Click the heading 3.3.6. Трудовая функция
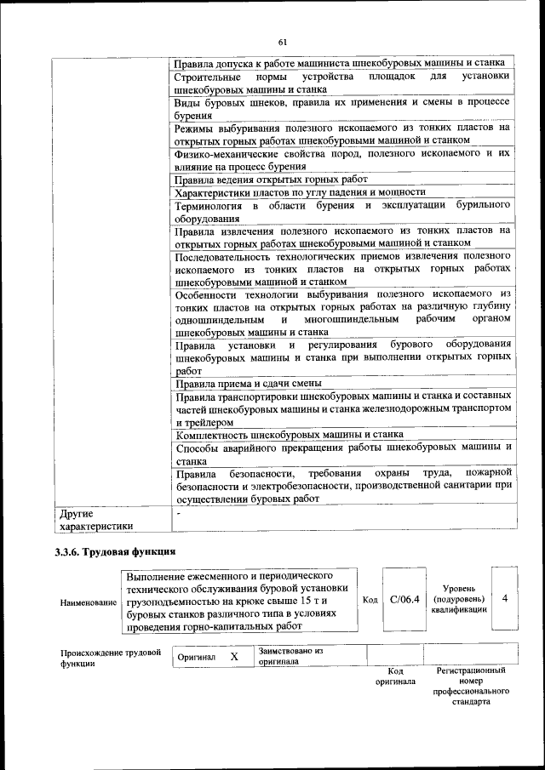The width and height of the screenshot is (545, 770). (115, 552)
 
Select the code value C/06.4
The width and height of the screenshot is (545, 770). (404, 600)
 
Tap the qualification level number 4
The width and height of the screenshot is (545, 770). (505, 599)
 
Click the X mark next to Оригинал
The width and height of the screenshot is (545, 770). (234, 657)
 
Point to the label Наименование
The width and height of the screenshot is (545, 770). (89, 602)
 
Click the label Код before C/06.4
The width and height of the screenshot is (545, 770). (370, 600)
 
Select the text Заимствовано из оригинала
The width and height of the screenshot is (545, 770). (290, 655)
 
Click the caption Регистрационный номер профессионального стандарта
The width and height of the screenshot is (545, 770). (470, 687)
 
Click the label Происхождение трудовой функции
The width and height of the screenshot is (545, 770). (110, 658)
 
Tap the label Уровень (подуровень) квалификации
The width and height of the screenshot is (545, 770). (458, 599)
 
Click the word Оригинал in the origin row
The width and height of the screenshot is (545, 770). (196, 657)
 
